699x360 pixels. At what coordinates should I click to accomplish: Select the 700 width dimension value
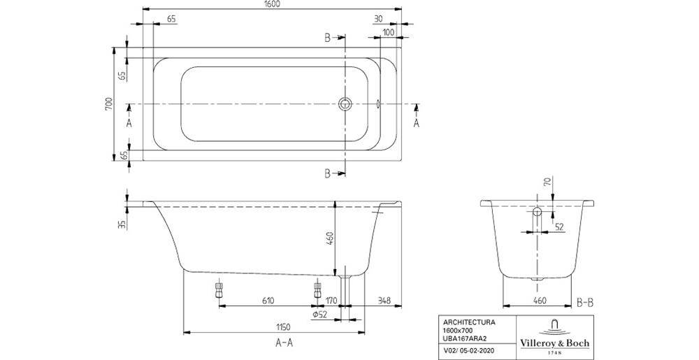click(x=108, y=104)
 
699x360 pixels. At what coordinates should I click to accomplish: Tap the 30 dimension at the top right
click(x=377, y=20)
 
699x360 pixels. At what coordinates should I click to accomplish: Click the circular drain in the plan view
click(x=345, y=105)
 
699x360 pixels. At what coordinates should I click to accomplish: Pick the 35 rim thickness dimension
click(x=122, y=224)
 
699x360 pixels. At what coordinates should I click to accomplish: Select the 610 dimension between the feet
click(x=268, y=301)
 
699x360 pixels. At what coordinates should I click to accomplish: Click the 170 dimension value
click(x=332, y=301)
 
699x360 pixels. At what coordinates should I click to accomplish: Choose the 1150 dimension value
click(x=282, y=326)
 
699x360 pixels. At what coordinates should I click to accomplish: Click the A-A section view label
click(x=283, y=343)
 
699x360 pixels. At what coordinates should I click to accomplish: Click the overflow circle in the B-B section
click(x=537, y=211)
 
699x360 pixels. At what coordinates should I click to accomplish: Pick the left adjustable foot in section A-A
click(x=219, y=290)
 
